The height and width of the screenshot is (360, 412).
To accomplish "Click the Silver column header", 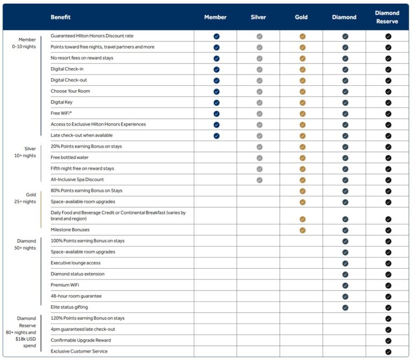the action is (258, 17).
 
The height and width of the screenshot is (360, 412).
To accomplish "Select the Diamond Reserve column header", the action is (387, 17).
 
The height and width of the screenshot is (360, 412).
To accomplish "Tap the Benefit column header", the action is (61, 17).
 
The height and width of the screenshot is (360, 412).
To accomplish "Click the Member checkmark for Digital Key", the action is (217, 103).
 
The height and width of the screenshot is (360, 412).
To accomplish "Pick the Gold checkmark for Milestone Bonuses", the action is (303, 230).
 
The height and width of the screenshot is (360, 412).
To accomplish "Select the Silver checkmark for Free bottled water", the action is (259, 158).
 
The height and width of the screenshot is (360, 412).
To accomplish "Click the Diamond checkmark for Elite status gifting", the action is (345, 308).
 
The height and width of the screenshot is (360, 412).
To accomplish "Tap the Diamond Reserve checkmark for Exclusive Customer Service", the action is (388, 352).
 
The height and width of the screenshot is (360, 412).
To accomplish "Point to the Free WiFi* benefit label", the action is (61, 113).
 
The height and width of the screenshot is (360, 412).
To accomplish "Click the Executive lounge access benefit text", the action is (76, 263).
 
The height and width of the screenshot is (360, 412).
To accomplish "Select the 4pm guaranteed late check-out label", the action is (83, 329).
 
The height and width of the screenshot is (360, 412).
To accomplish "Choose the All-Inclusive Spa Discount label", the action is (77, 180).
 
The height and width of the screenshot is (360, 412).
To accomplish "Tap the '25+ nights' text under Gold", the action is (25, 202).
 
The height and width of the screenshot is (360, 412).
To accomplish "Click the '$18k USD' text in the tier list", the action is (26, 339).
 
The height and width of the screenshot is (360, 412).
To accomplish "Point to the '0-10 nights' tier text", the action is (24, 47).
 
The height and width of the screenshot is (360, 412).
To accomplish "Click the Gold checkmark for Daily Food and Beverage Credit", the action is (303, 219).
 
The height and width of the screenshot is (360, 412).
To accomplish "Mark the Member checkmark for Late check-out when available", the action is (217, 136).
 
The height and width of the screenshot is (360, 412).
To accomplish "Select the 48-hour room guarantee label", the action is (76, 296).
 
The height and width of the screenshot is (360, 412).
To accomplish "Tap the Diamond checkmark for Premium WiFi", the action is (345, 285).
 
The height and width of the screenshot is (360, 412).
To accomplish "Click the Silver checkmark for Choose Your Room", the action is (259, 92).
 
